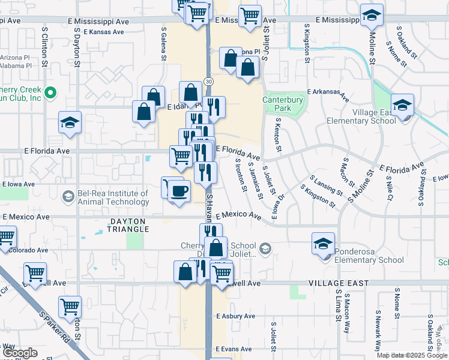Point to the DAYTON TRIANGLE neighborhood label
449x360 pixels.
(x=128, y=225)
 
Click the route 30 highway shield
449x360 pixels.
(x=208, y=81)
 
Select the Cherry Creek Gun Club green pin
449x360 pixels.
(x=51, y=94)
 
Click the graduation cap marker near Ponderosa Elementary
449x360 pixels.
(x=323, y=244)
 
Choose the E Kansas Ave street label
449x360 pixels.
(x=104, y=32)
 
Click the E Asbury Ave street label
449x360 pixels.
(x=236, y=316)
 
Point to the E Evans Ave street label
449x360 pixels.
(x=234, y=349)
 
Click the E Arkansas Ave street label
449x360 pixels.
(x=328, y=94)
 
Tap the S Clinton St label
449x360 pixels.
(x=44, y=43)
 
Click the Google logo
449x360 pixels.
(x=20, y=353)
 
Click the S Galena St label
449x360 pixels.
(x=163, y=43)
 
